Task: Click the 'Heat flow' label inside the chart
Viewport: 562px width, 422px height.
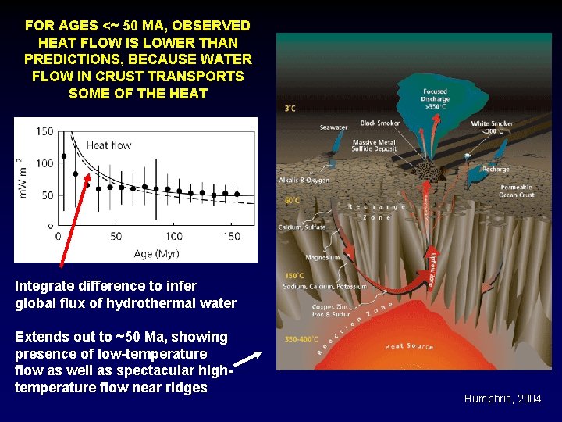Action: (x=108, y=145)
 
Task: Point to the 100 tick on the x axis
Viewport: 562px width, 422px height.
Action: (x=173, y=235)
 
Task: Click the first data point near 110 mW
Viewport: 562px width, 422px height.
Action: (x=64, y=156)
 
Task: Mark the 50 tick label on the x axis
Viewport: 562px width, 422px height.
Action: (x=116, y=235)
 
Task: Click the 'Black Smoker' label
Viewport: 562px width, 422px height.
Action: (x=379, y=123)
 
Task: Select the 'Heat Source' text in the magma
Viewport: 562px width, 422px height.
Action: (x=409, y=346)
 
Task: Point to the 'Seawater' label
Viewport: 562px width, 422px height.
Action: (x=333, y=127)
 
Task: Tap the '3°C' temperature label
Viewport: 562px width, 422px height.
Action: (x=290, y=108)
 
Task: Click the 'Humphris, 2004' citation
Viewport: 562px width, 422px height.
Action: (x=502, y=399)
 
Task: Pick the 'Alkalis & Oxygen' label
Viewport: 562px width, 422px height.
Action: (x=304, y=180)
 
